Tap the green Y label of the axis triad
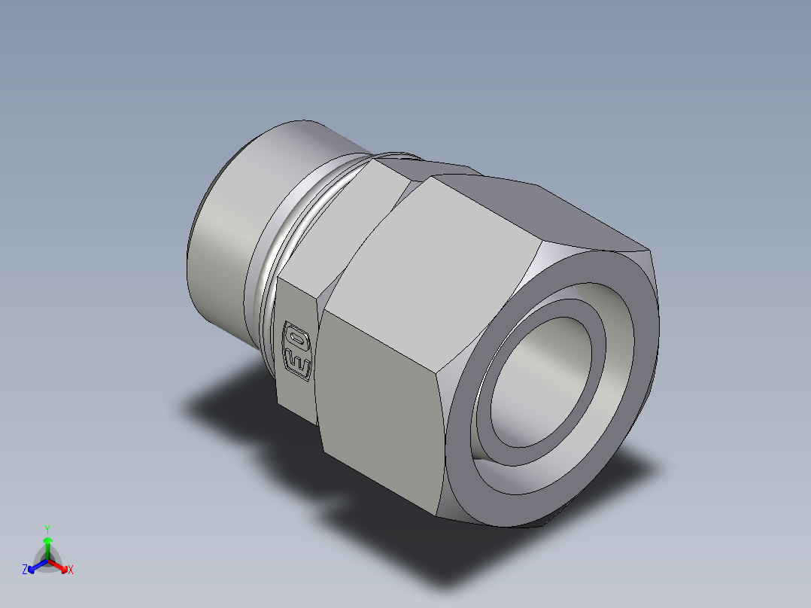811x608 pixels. [47, 529]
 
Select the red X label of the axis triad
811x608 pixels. [71, 570]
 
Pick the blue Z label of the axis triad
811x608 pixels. [25, 570]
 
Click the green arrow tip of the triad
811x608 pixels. [47, 540]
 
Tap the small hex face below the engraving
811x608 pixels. [297, 399]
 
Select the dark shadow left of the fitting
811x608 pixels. [226, 406]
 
